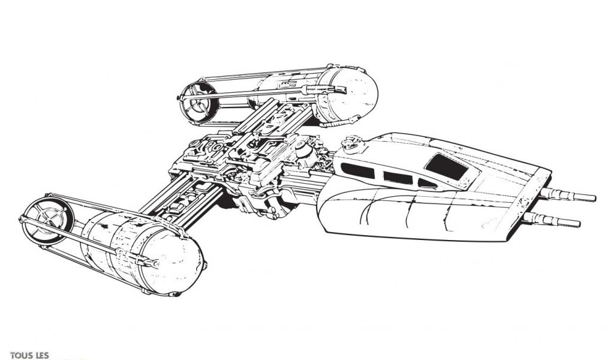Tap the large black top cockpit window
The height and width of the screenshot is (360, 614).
pyautogui.click(x=446, y=166)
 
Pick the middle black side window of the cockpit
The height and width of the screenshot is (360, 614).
pyautogui.click(x=398, y=178)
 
